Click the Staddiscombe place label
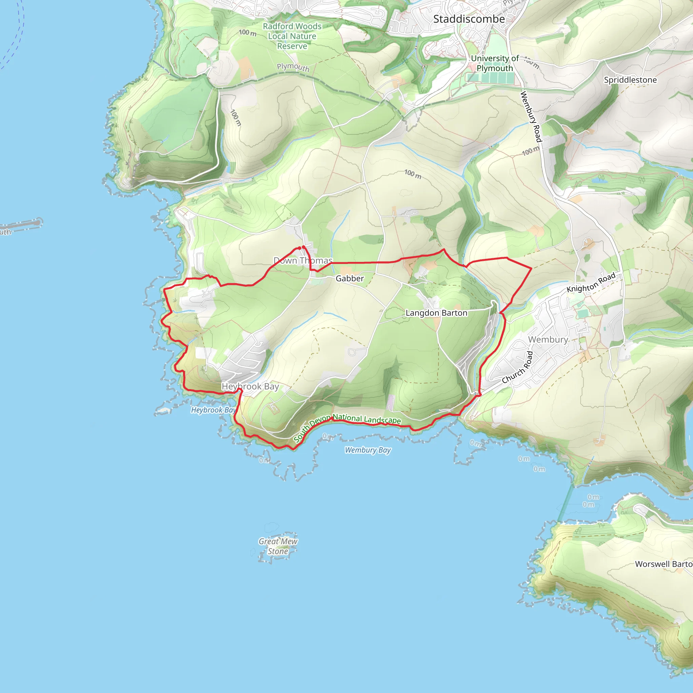[x=469, y=19]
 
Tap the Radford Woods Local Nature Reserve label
[x=292, y=36]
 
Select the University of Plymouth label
[x=495, y=63]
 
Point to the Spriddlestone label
[x=630, y=80]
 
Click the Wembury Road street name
[x=531, y=117]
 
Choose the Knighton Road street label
[x=591, y=282]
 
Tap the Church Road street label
[x=517, y=368]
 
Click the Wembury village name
[x=548, y=339]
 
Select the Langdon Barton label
[x=436, y=313]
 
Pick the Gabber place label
[x=350, y=278]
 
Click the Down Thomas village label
[x=303, y=261]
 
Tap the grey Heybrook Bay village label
[x=250, y=386]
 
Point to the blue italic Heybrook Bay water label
[x=213, y=410]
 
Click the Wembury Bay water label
[x=368, y=450]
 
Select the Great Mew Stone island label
[x=278, y=546]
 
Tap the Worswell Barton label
[x=664, y=564]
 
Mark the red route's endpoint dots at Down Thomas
[x=301, y=247]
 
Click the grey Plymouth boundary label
[x=293, y=67]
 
